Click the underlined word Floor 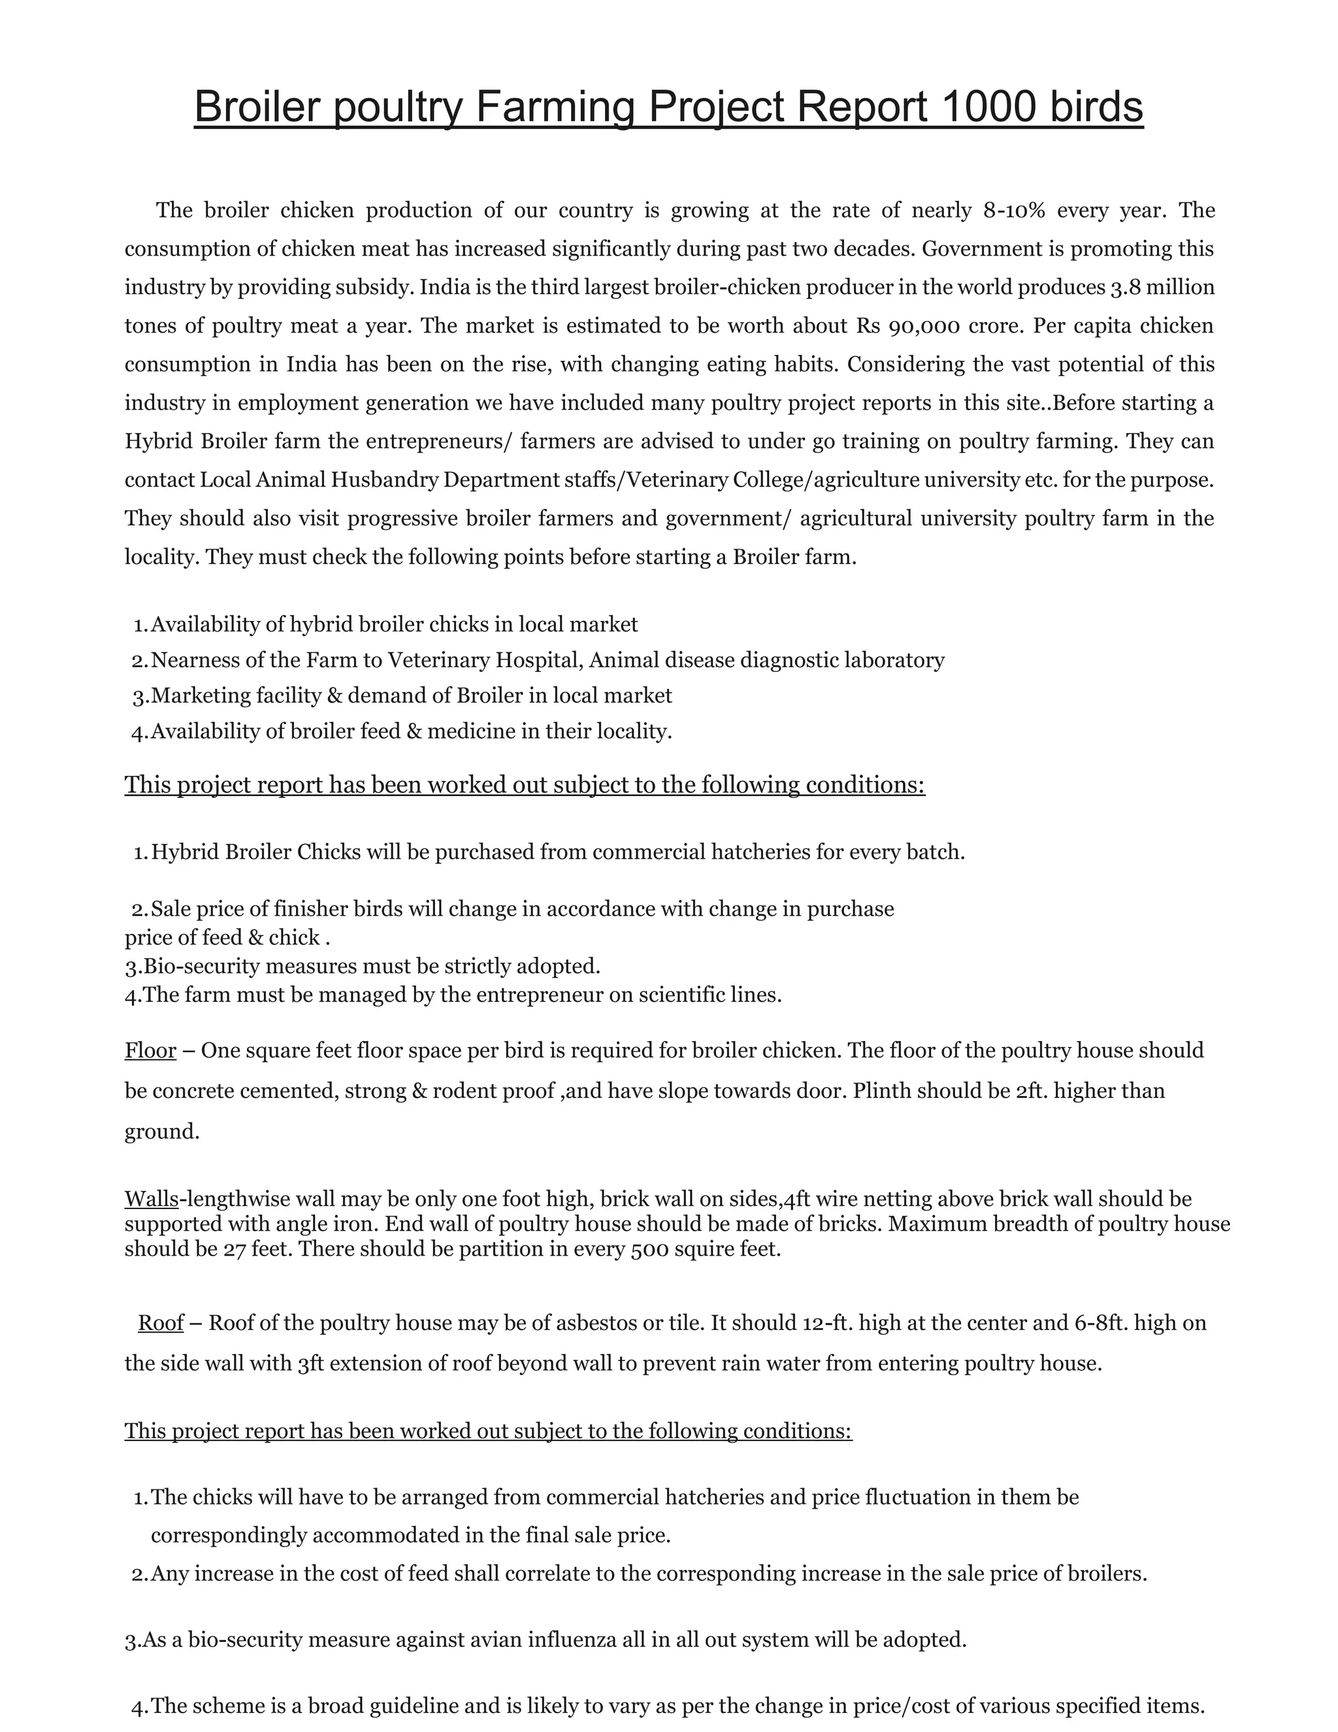pyautogui.click(x=150, y=1051)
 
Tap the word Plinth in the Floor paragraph pyautogui.click(x=881, y=1091)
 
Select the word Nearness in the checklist pyautogui.click(x=197, y=661)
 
